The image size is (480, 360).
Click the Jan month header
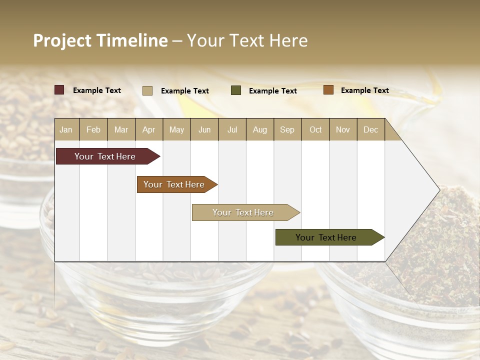pyautogui.click(x=66, y=130)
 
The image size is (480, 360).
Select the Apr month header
pyautogui.click(x=148, y=130)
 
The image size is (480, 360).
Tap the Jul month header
pyautogui.click(x=232, y=130)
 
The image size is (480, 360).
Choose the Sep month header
pyautogui.click(x=287, y=130)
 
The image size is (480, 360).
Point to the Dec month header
pyautogui.click(x=370, y=130)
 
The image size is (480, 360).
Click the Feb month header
pyautogui.click(x=93, y=130)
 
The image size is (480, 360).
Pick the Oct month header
pyautogui.click(x=315, y=130)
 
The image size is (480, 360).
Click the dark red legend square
pyautogui.click(x=59, y=90)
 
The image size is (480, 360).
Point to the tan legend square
pyautogui.click(x=147, y=90)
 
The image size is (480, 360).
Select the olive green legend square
pyautogui.click(x=236, y=90)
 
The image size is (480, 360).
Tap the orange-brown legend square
pyautogui.click(x=328, y=90)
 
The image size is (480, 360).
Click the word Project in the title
pyautogui.click(x=62, y=40)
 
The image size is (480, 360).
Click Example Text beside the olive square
pyautogui.click(x=272, y=91)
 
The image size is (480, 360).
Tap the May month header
pyautogui.click(x=176, y=130)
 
